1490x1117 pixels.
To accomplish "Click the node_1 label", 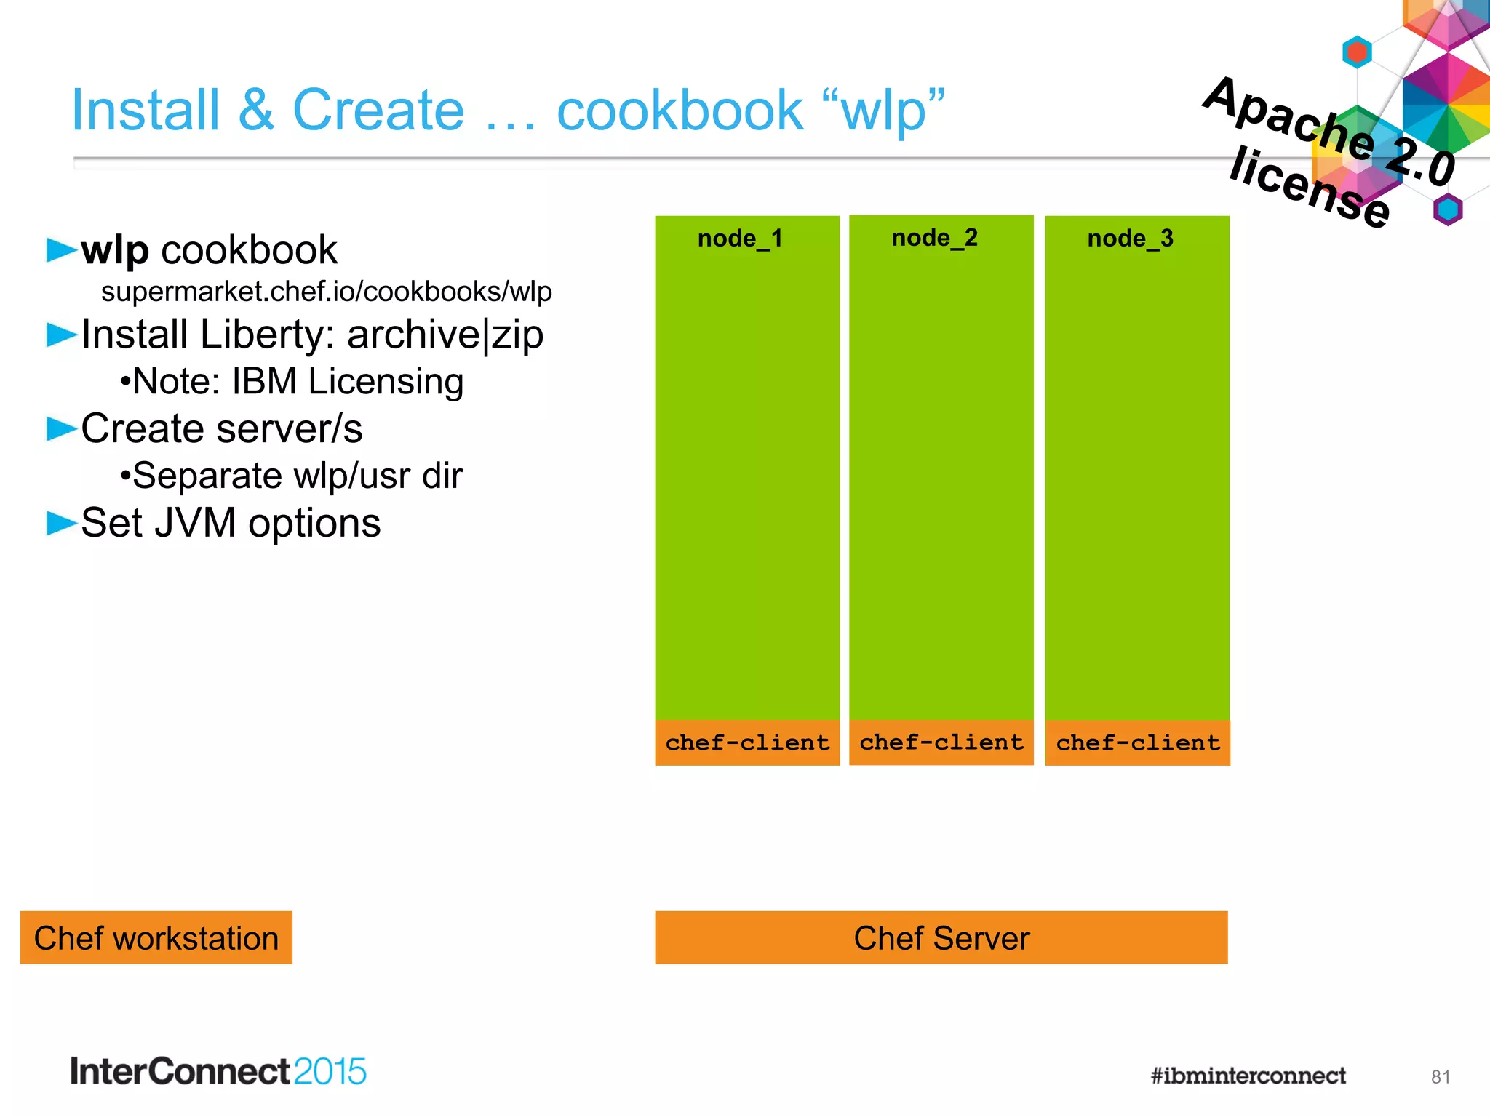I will [x=740, y=239].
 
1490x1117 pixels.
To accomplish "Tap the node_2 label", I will [x=934, y=238].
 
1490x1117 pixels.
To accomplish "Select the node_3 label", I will [x=1130, y=239].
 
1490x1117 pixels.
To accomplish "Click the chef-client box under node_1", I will [x=747, y=742].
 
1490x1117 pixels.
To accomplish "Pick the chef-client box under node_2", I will [x=941, y=742].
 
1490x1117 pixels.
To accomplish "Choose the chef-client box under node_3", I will [x=1138, y=742].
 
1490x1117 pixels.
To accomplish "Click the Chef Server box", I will [x=941, y=938].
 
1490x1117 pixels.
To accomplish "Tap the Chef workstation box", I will [x=156, y=938].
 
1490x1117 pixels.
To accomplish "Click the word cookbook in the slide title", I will [x=680, y=111].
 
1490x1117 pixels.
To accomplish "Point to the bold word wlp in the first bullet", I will [x=115, y=250].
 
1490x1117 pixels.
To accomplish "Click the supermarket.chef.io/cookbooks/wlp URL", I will [x=326, y=292].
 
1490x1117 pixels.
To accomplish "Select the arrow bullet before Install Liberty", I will [x=61, y=335].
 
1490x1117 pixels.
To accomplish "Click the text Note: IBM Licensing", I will [x=292, y=382].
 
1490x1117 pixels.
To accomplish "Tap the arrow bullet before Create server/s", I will [x=61, y=429].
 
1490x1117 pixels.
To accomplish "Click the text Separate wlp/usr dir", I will [x=292, y=476].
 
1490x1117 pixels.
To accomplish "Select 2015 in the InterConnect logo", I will [x=330, y=1072].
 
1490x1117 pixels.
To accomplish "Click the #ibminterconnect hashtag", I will [x=1248, y=1076].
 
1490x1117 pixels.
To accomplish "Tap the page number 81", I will [x=1441, y=1077].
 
